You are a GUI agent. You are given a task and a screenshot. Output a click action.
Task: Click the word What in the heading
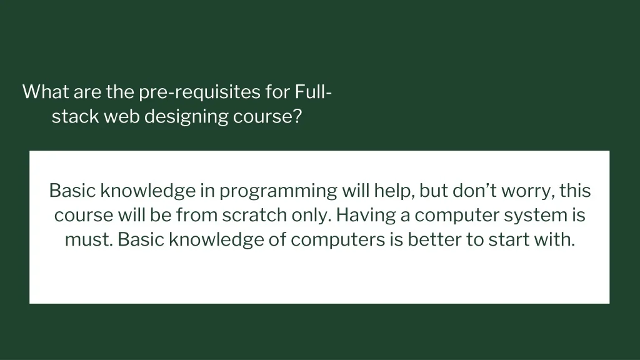point(46,91)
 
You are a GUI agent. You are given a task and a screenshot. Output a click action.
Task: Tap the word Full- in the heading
point(313,91)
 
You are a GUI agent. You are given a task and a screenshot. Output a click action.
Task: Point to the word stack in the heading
point(75,116)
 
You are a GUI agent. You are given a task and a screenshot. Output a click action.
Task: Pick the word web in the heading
point(122,116)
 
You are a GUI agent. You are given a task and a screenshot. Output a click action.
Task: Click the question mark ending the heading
point(297,116)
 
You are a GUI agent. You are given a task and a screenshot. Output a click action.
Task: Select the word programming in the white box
point(278,192)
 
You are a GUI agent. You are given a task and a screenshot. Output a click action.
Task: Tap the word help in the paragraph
point(395,191)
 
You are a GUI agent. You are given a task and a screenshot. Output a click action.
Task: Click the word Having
point(366,216)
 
